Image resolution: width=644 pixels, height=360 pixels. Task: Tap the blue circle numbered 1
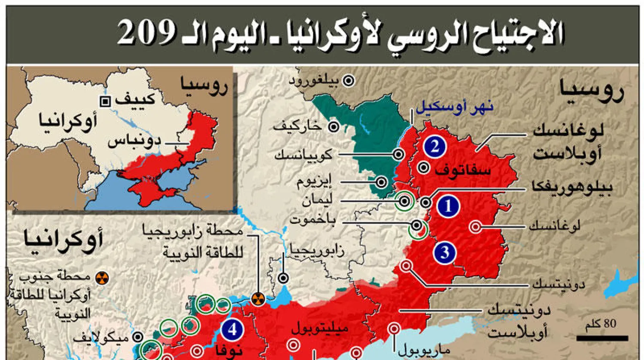[448, 207]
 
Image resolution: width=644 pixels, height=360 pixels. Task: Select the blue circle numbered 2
[434, 147]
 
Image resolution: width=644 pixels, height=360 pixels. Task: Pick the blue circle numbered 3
[444, 252]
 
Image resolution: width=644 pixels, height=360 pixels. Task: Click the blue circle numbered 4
[232, 330]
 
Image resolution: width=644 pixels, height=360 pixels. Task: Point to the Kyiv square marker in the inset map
[105, 102]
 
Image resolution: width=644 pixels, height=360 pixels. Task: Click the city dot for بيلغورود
[349, 80]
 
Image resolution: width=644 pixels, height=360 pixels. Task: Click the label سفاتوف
[463, 171]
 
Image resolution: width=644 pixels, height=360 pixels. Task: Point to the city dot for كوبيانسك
[399, 154]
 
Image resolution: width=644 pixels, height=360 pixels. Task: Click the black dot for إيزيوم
[381, 182]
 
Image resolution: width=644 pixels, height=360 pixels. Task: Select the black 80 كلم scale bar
[605, 338]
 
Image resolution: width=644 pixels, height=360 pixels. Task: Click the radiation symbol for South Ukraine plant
[102, 278]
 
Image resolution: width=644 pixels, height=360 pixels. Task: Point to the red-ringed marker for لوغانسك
[476, 226]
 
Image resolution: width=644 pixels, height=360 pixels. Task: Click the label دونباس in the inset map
[134, 141]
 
